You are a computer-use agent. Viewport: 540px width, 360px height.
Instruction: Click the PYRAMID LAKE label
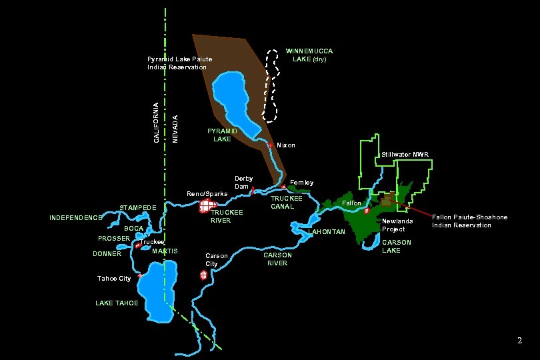pyautogui.click(x=221, y=135)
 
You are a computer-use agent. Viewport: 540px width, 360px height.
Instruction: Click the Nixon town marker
pyautogui.click(x=270, y=145)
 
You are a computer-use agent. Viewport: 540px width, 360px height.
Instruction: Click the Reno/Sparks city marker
pyautogui.click(x=208, y=207)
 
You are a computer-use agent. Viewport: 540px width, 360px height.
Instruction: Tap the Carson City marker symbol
pyautogui.click(x=203, y=275)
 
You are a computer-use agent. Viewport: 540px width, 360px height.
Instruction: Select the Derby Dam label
pyautogui.click(x=243, y=183)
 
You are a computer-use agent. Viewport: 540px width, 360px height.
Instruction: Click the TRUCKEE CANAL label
pyautogui.click(x=287, y=202)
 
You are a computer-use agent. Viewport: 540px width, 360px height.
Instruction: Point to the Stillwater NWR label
pyautogui.click(x=405, y=155)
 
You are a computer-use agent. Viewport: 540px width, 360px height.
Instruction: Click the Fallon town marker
pyautogui.click(x=367, y=211)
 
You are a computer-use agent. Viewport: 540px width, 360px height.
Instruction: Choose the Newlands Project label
pyautogui.click(x=397, y=225)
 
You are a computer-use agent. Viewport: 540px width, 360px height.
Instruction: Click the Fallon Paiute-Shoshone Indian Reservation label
pyautogui.click(x=469, y=221)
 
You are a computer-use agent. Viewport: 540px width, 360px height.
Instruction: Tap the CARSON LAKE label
pyautogui.click(x=396, y=247)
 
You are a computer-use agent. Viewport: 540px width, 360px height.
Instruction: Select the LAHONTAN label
pyautogui.click(x=327, y=232)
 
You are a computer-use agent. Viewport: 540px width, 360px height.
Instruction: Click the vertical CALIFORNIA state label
pyautogui.click(x=156, y=123)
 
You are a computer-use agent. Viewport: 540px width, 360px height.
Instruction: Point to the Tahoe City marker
pyautogui.click(x=140, y=275)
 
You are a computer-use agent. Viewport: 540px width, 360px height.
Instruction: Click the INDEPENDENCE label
pyautogui.click(x=76, y=218)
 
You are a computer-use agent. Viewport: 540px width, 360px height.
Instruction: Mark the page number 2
pyautogui.click(x=520, y=341)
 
